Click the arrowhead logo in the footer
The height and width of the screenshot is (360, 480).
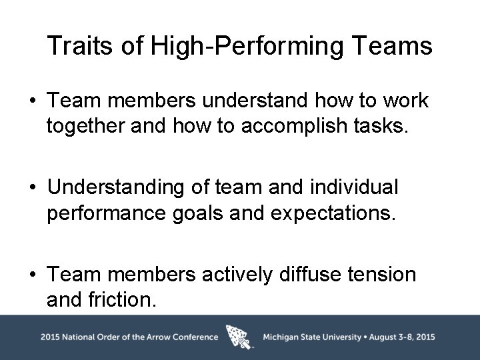pos(240,337)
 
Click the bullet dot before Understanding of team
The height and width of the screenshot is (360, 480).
pos(32,188)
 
